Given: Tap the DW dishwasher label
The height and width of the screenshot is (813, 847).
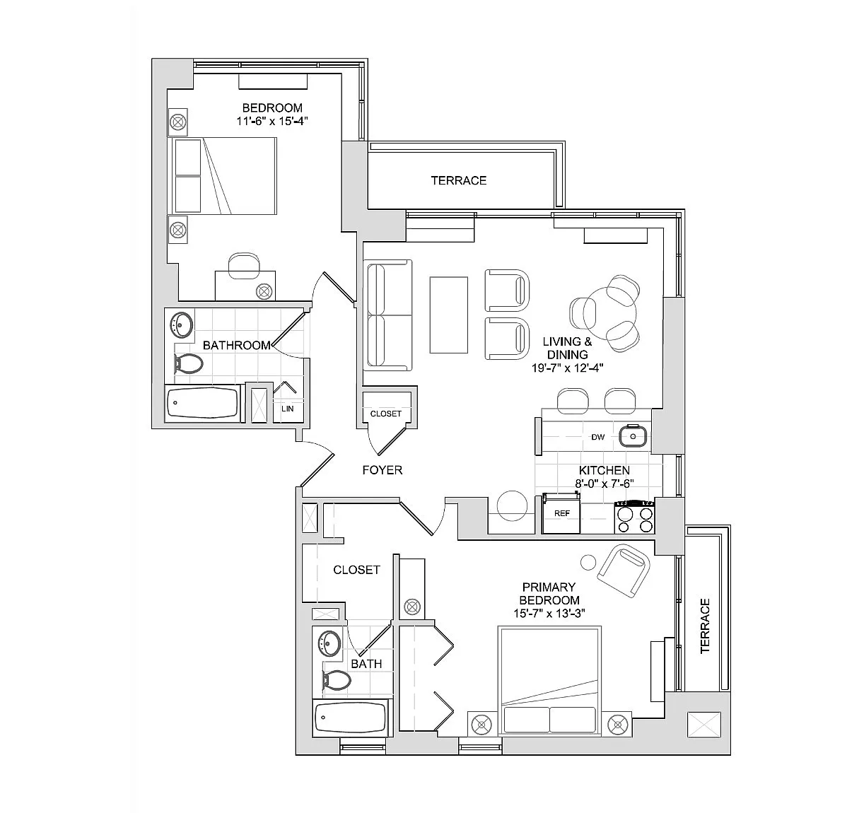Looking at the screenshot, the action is pos(597,437).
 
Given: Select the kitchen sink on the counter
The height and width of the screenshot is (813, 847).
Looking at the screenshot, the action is pos(633,437).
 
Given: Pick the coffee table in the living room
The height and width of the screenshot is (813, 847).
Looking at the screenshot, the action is pos(449,315).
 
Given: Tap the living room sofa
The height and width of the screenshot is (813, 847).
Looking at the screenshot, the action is pos(387,315).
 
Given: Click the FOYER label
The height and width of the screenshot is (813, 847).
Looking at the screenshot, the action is pos(382,470).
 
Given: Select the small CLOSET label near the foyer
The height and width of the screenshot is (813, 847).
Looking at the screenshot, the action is pos(386,414).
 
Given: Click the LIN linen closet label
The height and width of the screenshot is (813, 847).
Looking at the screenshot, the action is pos(287,409).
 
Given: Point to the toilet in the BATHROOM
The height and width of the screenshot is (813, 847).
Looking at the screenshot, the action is pos(188,364).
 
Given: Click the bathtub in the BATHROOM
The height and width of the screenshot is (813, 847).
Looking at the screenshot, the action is pos(204,404).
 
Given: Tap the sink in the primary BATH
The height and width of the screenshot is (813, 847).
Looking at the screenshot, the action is pos(329,643).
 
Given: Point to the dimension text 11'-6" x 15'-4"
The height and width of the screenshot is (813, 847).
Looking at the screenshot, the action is pos(272,121).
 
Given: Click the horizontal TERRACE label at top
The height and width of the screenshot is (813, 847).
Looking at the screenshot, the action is pos(459,180).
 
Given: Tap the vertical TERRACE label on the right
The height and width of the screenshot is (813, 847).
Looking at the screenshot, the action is pos(704,626).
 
